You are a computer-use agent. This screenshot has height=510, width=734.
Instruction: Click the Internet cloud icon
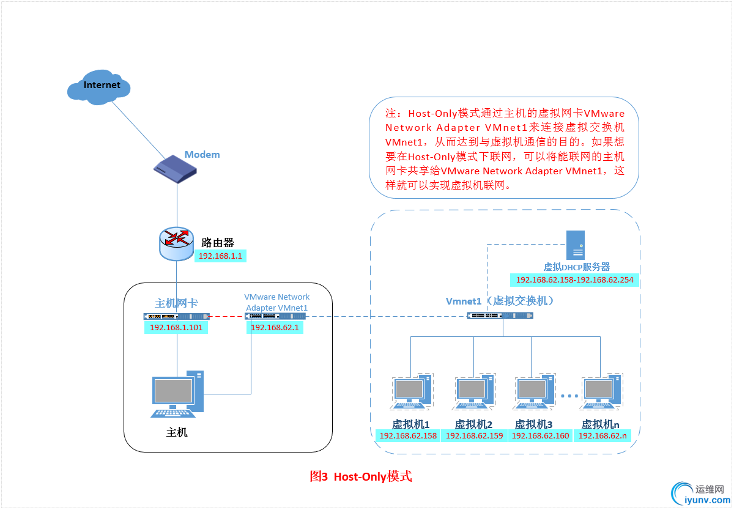pos(99,87)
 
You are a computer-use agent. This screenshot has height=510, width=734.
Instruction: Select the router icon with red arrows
pos(177,243)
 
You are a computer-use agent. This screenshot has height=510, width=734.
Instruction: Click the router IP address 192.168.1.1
pos(221,256)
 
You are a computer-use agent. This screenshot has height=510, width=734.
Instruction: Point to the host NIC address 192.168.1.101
pos(176,328)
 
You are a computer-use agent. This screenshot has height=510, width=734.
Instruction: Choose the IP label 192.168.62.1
pos(275,328)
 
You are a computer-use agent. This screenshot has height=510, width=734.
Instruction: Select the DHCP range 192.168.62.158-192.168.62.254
pos(575,280)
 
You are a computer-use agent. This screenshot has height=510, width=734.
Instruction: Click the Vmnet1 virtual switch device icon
pos(500,316)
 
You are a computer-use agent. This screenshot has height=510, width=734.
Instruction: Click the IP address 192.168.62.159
pos(474,436)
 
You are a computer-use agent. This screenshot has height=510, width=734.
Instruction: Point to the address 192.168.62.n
pos(602,436)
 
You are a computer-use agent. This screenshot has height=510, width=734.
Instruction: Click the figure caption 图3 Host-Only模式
pos(361,476)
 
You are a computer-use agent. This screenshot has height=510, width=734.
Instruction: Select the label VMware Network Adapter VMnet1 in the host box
pos(276,302)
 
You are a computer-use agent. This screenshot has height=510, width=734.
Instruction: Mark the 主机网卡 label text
pos(176,303)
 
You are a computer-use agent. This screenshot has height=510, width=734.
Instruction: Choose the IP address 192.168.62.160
pos(540,436)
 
